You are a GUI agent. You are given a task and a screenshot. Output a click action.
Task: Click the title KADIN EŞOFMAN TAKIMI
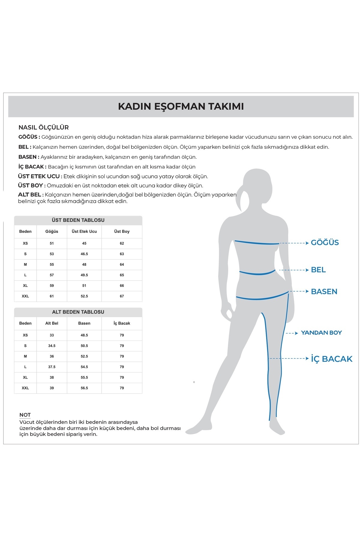(x=181, y=106)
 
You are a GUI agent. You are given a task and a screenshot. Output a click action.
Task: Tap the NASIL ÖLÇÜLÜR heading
(x=43, y=127)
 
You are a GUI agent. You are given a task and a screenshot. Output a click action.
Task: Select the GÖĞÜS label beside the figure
(x=325, y=242)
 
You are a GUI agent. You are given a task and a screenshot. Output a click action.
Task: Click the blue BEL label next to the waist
(x=318, y=270)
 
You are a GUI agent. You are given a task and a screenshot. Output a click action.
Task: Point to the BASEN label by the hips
(x=324, y=291)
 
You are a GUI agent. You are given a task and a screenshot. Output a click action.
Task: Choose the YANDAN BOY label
(x=321, y=333)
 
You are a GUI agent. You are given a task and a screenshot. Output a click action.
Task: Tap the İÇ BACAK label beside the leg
(x=331, y=359)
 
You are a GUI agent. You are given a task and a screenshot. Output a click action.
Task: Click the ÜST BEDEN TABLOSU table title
(x=78, y=220)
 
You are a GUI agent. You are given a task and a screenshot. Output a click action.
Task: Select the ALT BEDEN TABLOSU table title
(x=78, y=312)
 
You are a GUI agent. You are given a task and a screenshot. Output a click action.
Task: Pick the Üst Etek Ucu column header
(x=84, y=232)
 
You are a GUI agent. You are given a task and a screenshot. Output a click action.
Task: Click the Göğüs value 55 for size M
(x=52, y=265)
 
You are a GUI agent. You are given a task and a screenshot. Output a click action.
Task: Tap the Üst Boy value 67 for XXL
(x=122, y=296)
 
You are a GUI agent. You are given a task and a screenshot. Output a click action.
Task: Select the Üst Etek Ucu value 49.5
(x=84, y=275)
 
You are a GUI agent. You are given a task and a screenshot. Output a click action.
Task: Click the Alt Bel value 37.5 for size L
(x=52, y=367)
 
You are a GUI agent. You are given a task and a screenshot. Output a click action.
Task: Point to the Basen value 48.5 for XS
(x=84, y=335)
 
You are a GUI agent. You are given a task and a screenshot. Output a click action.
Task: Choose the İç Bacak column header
(x=122, y=323)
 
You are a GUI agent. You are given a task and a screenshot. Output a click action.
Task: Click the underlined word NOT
(x=25, y=415)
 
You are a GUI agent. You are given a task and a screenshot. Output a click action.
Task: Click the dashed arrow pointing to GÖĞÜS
(x=294, y=243)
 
